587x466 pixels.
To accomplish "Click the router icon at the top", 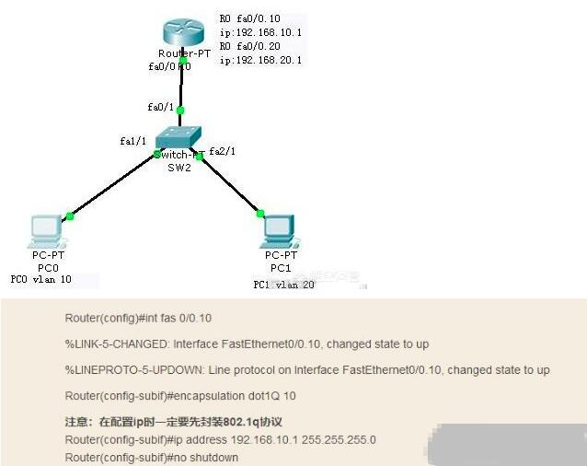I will [x=182, y=32].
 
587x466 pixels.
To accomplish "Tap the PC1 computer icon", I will [x=277, y=229].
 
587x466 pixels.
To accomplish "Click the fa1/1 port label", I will [x=132, y=141].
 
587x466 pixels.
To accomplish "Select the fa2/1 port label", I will [x=223, y=151].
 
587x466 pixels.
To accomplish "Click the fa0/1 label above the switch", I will [x=160, y=109].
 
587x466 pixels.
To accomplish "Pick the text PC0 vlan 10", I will [x=40, y=280].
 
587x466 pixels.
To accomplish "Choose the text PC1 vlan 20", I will [x=283, y=285].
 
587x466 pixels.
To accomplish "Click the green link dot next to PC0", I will [x=70, y=216].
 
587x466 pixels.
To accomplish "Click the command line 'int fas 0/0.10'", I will [x=138, y=319].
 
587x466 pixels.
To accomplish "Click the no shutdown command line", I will [x=152, y=458].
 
